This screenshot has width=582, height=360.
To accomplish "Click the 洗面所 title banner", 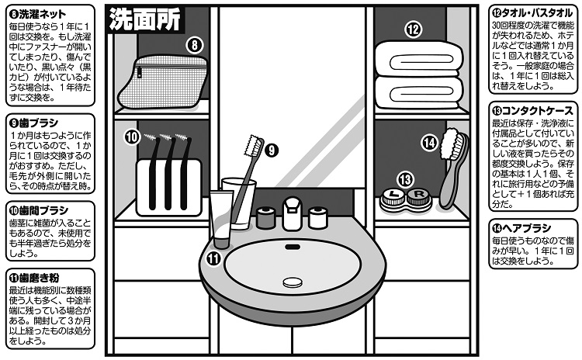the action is point(145,19).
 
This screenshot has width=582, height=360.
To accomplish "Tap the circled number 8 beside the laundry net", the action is point(195,45).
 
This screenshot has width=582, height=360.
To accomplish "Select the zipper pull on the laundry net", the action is point(140,72).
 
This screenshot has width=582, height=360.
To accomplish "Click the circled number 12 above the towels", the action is point(414,29).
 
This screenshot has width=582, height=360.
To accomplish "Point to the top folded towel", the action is point(419,60).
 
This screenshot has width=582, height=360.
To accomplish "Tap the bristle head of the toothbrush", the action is point(253,146).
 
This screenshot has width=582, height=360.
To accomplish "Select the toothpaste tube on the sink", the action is point(222,219).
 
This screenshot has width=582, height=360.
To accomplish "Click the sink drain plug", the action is point(293,282).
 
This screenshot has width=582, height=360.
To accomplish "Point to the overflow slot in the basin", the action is point(293,247).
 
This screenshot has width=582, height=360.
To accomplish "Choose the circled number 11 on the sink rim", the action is point(214,258).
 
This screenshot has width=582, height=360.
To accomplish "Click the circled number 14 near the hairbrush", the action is point(429,143).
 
